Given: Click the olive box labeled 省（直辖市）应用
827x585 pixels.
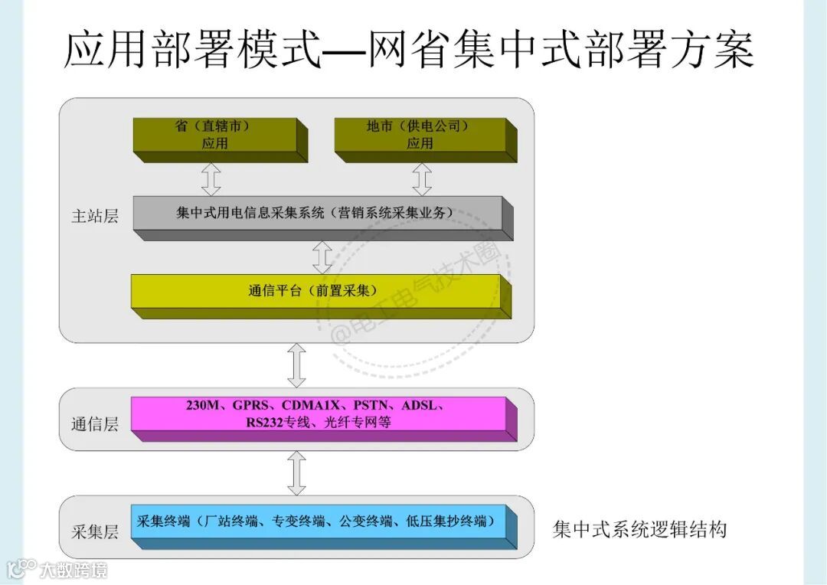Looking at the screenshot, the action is [214, 135].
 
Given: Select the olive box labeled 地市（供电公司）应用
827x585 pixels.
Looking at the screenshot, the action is [419, 135].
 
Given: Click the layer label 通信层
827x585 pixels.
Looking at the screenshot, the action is [95, 423].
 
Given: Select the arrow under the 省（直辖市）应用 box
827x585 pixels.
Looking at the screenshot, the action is [211, 179].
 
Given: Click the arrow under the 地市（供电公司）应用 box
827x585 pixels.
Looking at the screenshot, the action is [422, 179].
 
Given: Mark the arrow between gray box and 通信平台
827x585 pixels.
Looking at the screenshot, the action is [322, 257].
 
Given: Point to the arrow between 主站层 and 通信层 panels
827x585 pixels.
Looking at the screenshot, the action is [296, 365].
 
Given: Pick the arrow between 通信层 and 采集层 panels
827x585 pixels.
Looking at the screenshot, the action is [296, 473].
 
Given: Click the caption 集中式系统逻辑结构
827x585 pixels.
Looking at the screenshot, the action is [639, 529].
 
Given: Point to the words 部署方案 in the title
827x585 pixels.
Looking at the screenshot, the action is [651, 51].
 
